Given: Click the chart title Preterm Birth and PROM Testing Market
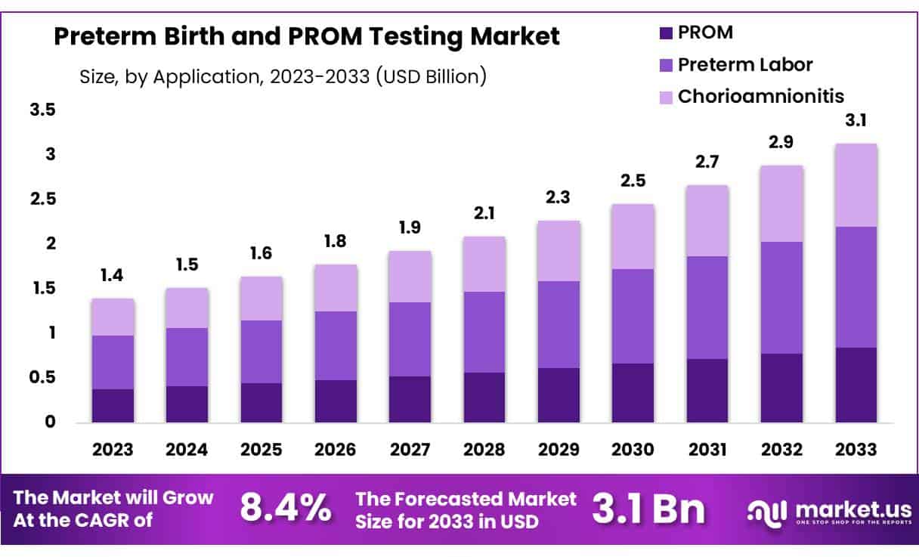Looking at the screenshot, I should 307,36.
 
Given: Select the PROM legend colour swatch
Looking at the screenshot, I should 665,32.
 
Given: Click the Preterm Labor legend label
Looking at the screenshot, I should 745,64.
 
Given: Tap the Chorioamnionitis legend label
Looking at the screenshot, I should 760,96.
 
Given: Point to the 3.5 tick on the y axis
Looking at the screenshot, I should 43,110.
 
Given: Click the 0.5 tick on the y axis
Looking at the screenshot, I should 43,377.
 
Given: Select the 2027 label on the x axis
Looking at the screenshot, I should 410,450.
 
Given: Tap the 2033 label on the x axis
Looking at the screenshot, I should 856,450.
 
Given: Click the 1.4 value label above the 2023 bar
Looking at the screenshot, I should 113,276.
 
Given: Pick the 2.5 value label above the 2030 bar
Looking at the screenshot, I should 633,181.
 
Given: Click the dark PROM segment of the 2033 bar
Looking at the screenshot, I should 856,385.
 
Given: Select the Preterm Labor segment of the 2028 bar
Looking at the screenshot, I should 484,332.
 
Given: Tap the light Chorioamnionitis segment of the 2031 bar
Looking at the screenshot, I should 707,221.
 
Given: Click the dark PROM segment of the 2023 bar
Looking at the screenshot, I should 113,405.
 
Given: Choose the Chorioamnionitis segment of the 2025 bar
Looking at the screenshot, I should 261,299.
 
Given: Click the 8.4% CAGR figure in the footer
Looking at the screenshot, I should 286,509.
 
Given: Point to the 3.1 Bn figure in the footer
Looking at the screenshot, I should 648,509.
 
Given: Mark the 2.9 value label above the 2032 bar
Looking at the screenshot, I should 782,143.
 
